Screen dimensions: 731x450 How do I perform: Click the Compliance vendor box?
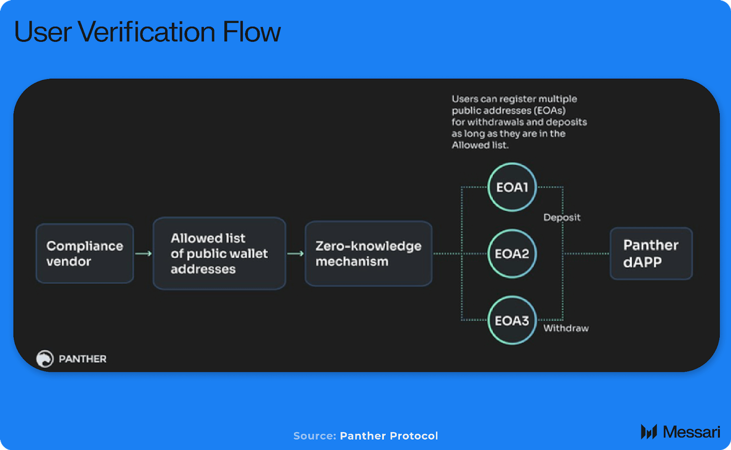tap(85, 253)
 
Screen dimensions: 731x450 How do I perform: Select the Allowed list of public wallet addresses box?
tap(219, 253)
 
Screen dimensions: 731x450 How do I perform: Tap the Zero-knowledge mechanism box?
tap(369, 253)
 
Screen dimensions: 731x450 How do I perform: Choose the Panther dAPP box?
tap(651, 253)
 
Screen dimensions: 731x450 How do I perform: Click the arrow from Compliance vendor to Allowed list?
tap(143, 253)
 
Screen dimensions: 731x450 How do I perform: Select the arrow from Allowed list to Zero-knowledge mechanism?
tap(296, 253)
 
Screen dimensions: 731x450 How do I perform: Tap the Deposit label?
tap(562, 217)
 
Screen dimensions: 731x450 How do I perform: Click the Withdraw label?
tap(566, 328)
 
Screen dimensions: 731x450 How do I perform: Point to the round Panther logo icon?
tap(45, 359)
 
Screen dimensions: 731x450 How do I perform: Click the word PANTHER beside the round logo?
tap(83, 359)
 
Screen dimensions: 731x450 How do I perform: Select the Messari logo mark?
tap(649, 432)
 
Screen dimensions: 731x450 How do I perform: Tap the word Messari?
tap(691, 432)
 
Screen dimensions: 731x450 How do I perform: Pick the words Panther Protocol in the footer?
tap(389, 436)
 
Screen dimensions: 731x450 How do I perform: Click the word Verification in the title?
tap(147, 32)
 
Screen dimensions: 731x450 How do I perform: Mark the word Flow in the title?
tap(252, 32)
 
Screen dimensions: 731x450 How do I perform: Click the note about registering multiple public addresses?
tap(519, 122)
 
